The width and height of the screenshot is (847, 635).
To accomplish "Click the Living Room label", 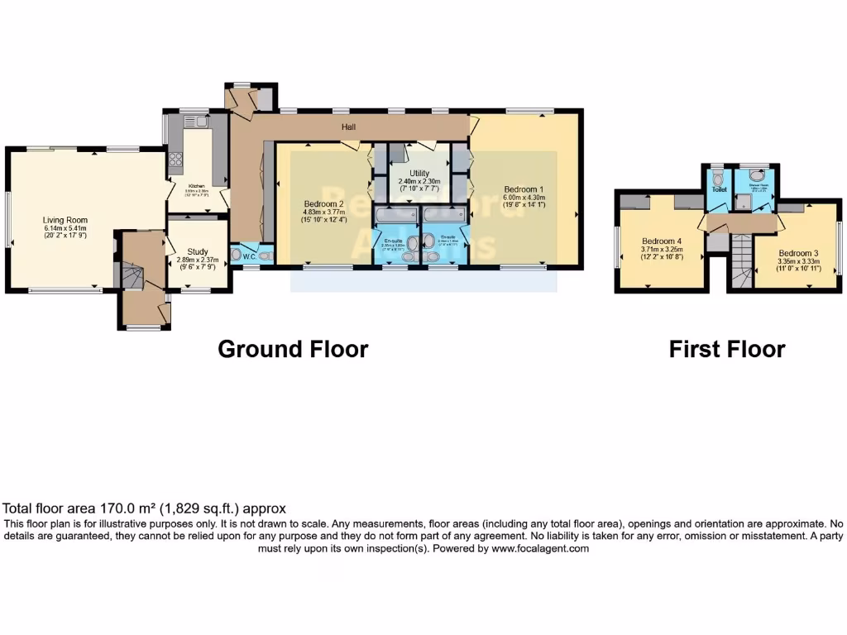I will pyautogui.click(x=65, y=220).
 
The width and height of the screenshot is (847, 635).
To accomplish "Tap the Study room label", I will pyautogui.click(x=196, y=251).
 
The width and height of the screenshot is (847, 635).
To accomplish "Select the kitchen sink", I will pyautogui.click(x=199, y=122).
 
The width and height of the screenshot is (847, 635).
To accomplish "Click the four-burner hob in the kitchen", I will pyautogui.click(x=175, y=158).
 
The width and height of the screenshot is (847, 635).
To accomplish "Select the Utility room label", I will pyautogui.click(x=419, y=174).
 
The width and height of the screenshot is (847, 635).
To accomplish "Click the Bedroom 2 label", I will pyautogui.click(x=323, y=204).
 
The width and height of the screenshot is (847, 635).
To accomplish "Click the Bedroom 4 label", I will pyautogui.click(x=659, y=241).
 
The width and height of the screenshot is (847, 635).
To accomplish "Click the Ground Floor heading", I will pyautogui.click(x=293, y=349).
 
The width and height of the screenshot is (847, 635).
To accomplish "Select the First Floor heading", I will pyautogui.click(x=726, y=349).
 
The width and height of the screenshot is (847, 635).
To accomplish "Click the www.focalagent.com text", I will pyautogui.click(x=540, y=548).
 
